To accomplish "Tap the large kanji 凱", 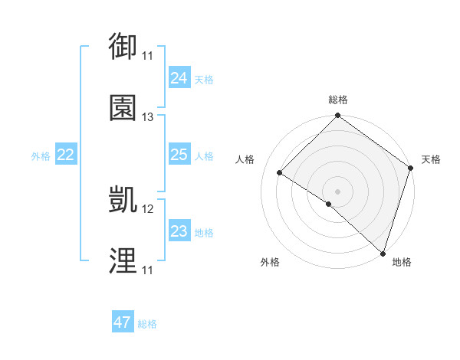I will coord(123,200).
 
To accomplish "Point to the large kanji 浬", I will coord(123,261).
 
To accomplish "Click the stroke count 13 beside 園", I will coord(148,117).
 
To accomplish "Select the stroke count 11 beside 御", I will coord(148,56).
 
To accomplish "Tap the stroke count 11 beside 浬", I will coord(148,270).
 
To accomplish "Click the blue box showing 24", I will coord(179,77).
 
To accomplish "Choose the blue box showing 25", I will coord(179,155).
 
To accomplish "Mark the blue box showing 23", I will coord(179,231).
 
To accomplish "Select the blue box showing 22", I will coord(66,155).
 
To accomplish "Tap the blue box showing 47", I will coord(123,322).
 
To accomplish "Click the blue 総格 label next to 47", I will coord(147,324).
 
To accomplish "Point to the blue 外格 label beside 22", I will coord(41,156).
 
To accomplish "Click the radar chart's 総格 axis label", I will coord(338,100).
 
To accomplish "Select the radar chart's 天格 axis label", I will coord(431,159).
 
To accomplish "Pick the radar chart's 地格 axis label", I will coord(402,262).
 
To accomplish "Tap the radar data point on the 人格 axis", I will coord(280,173).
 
